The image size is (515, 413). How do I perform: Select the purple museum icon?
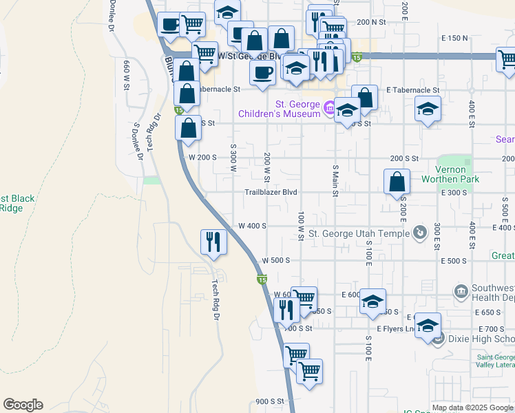coord(330,107)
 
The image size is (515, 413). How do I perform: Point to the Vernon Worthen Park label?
coord(456,175)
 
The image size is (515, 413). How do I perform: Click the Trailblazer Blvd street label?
coord(271,192)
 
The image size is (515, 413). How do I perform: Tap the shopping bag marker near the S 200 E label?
coord(397,182)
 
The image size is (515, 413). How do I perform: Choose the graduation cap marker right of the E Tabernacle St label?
coord(428,109)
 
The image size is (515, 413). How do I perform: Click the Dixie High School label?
coord(481,339)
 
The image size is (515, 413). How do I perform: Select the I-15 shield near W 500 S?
coord(262,279)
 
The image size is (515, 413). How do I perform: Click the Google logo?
coord(23,405)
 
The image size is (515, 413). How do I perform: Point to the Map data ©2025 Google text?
coord(472,407)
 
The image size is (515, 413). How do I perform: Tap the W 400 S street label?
coord(252,226)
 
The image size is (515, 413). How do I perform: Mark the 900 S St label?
coord(270,401)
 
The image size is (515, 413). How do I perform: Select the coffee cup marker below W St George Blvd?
coord(262,73)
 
